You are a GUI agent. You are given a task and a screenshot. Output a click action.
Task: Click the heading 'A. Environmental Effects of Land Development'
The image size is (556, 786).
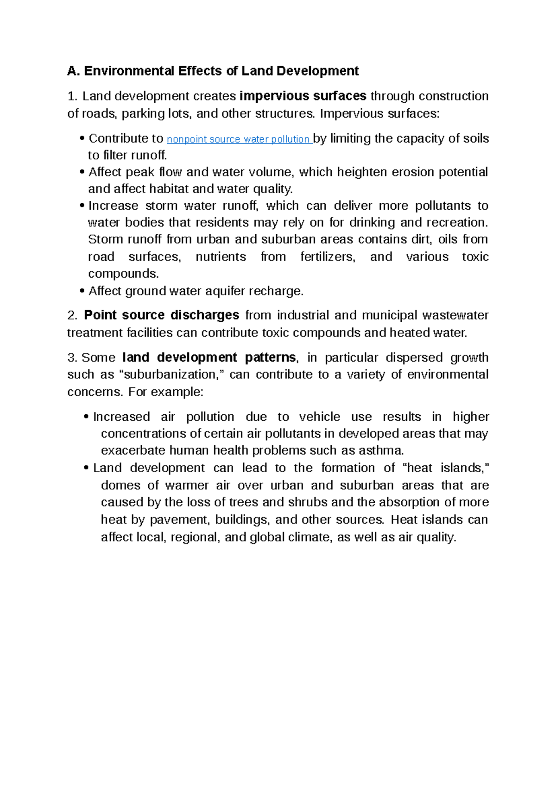[213, 71]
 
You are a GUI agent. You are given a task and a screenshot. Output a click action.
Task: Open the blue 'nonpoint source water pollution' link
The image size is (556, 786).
[239, 139]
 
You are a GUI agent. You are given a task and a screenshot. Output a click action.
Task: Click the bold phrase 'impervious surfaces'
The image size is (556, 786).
[303, 96]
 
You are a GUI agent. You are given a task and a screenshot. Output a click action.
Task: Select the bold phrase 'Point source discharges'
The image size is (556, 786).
[161, 315]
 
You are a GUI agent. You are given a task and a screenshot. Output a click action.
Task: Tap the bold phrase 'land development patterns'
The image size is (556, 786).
[209, 357]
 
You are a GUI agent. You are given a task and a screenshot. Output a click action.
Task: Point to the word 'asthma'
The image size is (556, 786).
[380, 450]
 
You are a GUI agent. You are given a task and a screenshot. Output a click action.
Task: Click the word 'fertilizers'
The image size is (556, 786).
[328, 257]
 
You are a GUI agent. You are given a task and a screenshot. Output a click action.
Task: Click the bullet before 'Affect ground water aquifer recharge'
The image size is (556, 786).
[82, 291]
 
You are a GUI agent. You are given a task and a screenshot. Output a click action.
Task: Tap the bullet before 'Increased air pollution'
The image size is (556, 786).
[87, 417]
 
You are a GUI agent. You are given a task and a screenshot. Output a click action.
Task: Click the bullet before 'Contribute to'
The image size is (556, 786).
[82, 138]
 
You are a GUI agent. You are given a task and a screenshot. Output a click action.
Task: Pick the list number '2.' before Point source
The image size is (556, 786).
[72, 315]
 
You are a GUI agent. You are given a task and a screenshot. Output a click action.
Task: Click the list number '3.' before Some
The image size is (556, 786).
[72, 357]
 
